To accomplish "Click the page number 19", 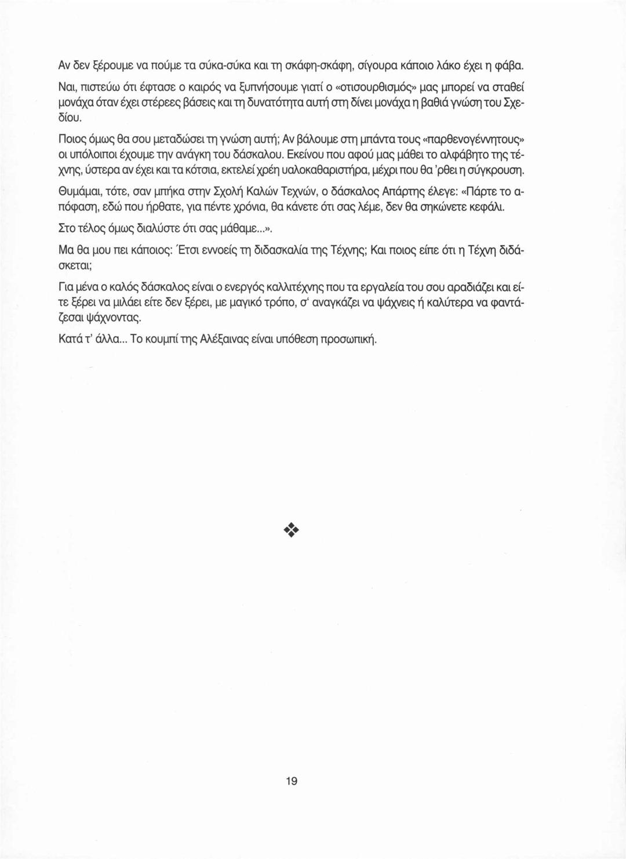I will [x=292, y=781].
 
